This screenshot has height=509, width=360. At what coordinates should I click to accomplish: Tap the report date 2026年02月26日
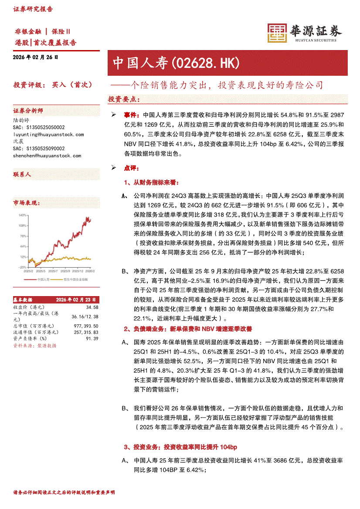point(36,57)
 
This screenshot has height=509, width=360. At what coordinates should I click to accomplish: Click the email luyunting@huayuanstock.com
point(48,135)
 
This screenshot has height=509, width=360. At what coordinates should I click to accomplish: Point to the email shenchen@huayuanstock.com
point(47,155)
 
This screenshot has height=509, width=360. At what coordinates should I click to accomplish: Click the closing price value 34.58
point(92,307)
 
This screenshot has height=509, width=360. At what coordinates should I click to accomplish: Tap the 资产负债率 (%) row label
point(30,338)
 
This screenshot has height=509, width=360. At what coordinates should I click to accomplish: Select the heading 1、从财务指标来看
point(151,182)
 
